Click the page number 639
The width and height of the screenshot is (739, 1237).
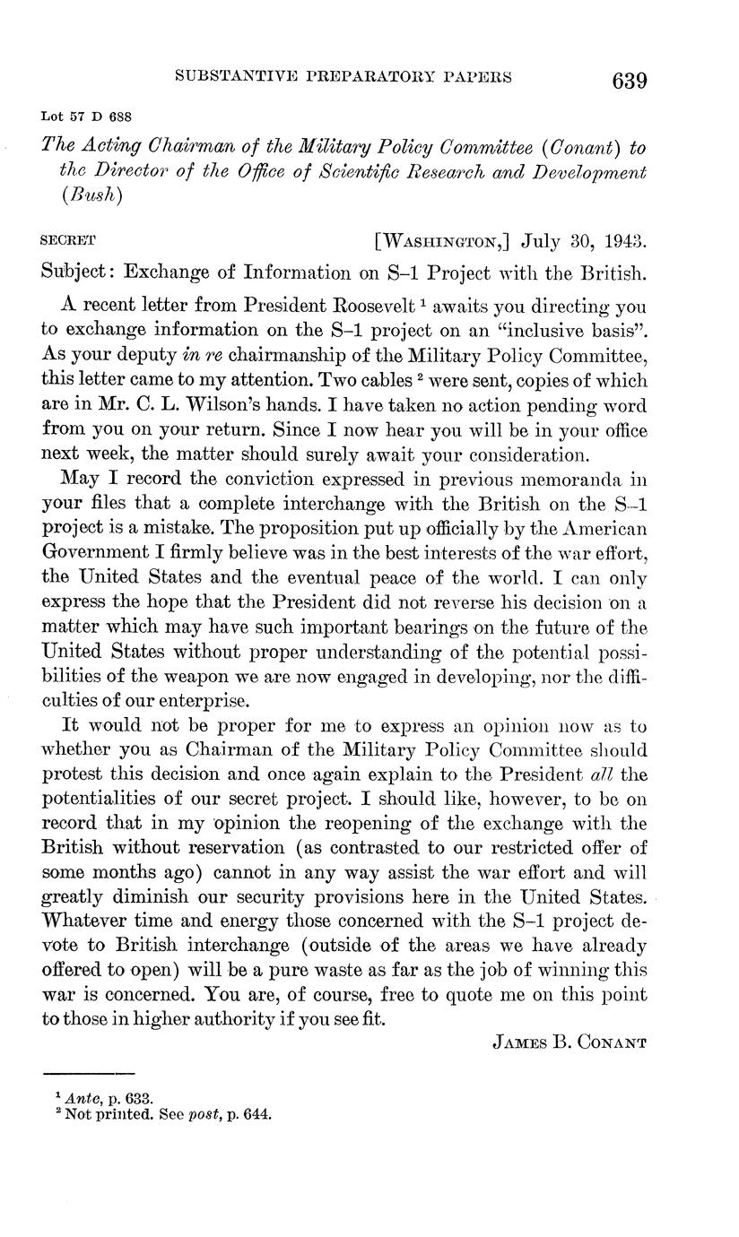[629, 80]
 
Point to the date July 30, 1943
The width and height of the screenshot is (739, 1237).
[583, 242]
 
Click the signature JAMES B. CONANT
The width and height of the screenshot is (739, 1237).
[569, 1042]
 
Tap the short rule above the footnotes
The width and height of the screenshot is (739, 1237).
[89, 1073]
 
